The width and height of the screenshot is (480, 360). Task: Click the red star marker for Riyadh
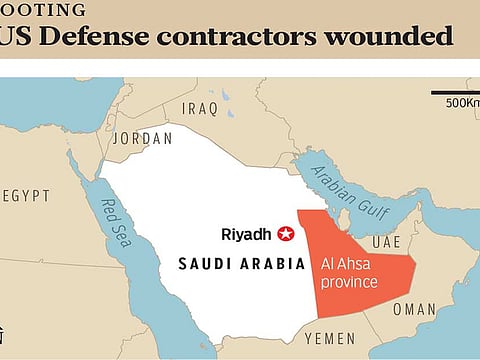(287, 235)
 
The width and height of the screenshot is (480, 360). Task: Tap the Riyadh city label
(246, 235)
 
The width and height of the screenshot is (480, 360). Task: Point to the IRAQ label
(200, 108)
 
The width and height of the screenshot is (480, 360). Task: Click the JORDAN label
(143, 139)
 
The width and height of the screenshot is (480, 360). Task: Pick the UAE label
(386, 243)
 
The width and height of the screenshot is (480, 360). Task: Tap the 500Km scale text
(461, 102)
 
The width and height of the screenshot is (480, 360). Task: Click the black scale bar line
(455, 92)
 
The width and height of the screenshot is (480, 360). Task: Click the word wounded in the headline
(386, 38)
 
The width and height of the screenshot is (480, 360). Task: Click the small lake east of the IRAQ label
(225, 96)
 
